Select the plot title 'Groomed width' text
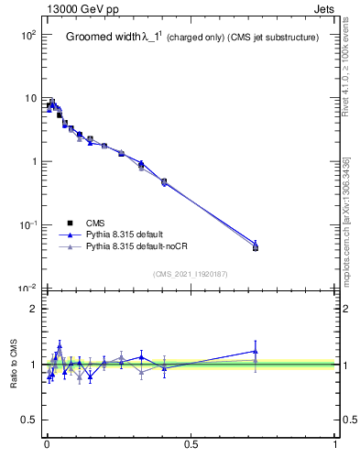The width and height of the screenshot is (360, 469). click(x=103, y=38)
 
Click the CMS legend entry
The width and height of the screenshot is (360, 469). click(x=96, y=223)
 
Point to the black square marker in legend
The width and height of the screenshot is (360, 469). click(x=71, y=223)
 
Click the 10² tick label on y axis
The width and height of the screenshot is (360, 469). click(x=27, y=35)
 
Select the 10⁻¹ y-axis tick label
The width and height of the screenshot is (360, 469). click(x=27, y=225)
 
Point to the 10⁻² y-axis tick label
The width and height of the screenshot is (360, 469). click(x=27, y=289)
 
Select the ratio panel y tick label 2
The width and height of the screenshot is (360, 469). click(x=33, y=309)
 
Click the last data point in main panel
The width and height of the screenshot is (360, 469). click(x=256, y=246)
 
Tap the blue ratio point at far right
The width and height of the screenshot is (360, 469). click(x=256, y=351)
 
